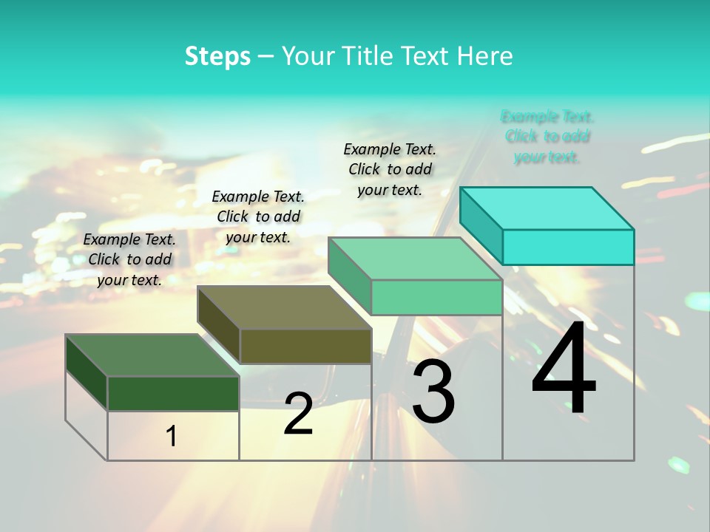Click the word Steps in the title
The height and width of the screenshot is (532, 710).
point(217,56)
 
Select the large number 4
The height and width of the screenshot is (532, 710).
point(564,369)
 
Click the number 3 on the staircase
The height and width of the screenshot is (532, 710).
point(433,392)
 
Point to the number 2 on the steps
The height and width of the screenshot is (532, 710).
point(298,414)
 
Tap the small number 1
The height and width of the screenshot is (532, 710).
point(172,437)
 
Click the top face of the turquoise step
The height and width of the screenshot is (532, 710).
point(547,208)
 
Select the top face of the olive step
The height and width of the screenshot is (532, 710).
point(284,307)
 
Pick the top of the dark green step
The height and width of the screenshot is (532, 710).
point(152,355)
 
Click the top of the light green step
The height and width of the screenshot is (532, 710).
point(415,259)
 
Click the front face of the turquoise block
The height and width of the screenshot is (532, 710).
point(568,247)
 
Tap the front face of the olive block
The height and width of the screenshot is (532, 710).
point(305,346)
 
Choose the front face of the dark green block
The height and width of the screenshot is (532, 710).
point(173,393)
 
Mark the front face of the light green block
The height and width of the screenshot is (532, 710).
point(436,297)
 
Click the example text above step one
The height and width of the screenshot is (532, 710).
point(129,259)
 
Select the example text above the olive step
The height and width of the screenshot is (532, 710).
point(258,216)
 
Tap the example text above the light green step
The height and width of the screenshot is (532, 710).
point(390,169)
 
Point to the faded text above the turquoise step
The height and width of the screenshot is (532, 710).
point(547,137)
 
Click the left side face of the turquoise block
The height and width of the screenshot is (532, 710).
point(481,225)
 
